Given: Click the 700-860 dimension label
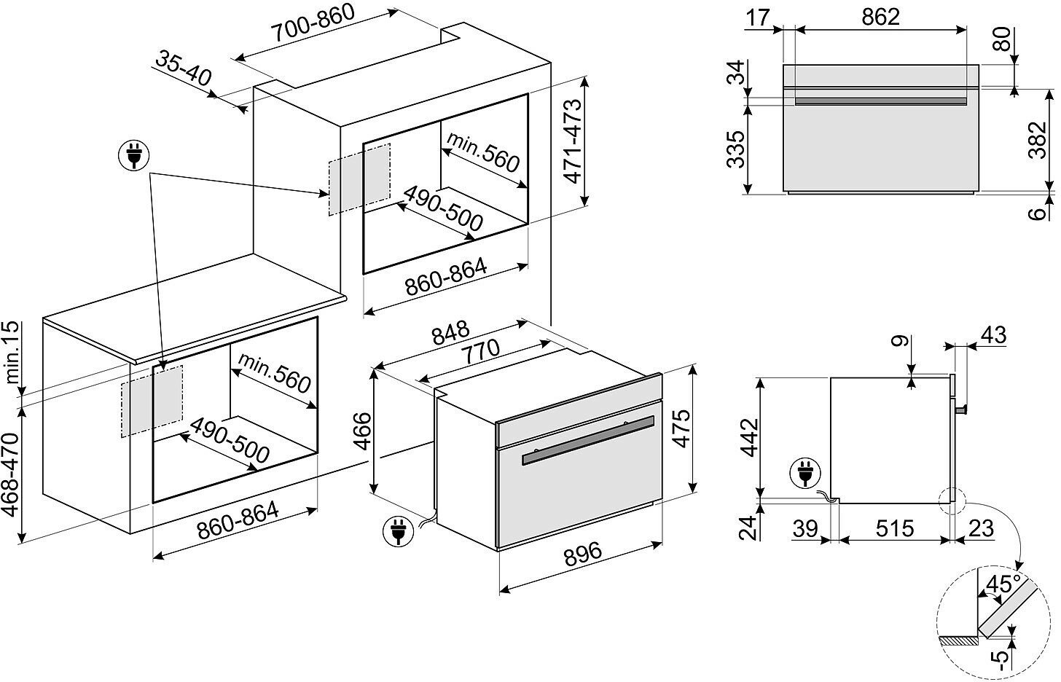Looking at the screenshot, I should tap(313, 23).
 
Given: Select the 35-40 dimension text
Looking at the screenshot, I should tap(183, 66).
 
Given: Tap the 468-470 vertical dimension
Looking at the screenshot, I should tap(10, 472).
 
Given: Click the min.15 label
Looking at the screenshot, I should tap(10, 355).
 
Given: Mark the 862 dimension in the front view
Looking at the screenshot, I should tap(880, 16).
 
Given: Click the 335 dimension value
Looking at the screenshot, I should tap(737, 149).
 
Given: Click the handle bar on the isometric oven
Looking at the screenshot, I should tap(589, 439).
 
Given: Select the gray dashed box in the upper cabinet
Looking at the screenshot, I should tap(359, 179).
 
